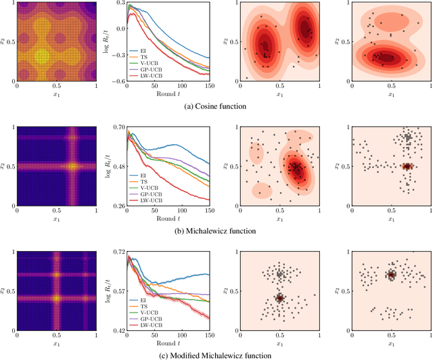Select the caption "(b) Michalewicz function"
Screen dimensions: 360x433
click(x=216, y=231)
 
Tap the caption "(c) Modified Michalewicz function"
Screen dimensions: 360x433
click(x=216, y=355)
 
